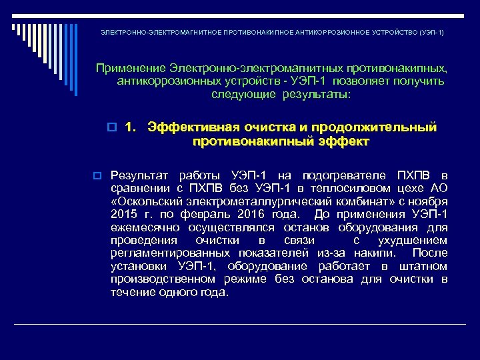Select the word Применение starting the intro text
[x=130, y=68]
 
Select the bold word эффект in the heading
[x=341, y=141]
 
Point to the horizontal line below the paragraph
[x=240, y=325]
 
